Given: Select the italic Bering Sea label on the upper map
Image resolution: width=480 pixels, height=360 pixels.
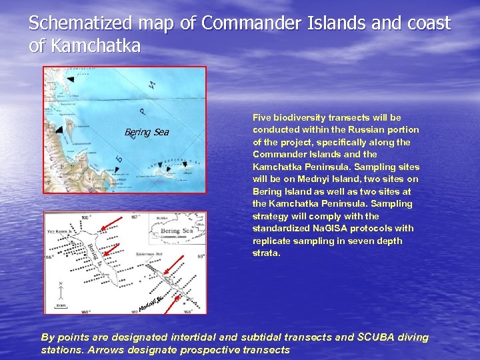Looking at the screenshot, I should tap(147, 133).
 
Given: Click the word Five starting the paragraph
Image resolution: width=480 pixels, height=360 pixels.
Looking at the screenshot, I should tap(263, 117).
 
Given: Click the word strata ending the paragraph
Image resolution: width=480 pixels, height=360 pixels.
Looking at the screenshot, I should tap(265, 253).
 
